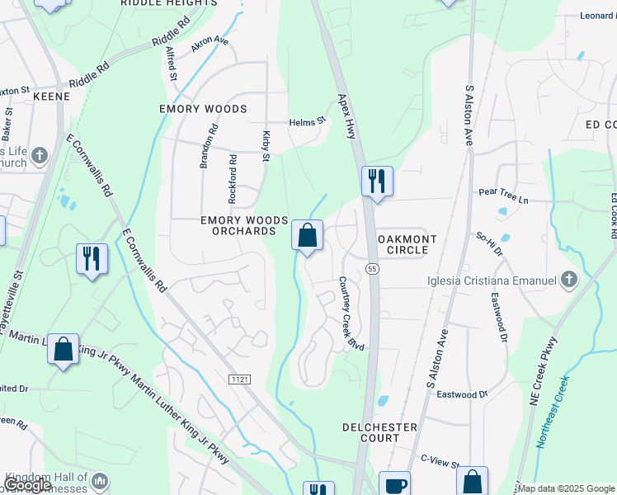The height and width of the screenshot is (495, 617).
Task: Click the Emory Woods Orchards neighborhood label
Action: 244,225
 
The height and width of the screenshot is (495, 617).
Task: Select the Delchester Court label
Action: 379,432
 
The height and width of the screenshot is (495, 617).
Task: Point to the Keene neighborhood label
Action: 51,97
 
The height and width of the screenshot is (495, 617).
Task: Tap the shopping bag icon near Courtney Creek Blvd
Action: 307,236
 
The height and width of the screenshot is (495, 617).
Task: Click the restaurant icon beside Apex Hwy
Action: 377,181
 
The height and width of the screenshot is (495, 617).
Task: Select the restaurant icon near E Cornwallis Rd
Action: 91,259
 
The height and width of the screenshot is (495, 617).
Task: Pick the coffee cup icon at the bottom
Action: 394,485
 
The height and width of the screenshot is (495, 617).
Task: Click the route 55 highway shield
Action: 373,269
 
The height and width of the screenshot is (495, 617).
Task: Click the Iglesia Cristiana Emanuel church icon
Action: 568,280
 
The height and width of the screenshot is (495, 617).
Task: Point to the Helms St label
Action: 308,121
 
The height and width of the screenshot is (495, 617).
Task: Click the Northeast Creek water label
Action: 553,412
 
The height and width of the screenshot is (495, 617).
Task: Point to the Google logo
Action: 28,485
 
